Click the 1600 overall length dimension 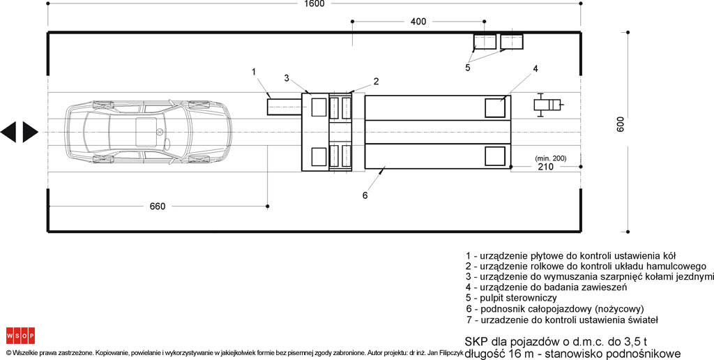[x=314, y=3]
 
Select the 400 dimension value [x=418, y=22]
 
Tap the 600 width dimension [x=621, y=124]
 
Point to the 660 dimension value [x=158, y=207]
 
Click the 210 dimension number [x=545, y=167]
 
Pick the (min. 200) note [x=551, y=158]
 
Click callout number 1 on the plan [x=254, y=72]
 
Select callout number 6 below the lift [x=365, y=195]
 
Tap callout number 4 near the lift [x=535, y=69]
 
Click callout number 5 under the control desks [x=468, y=68]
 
